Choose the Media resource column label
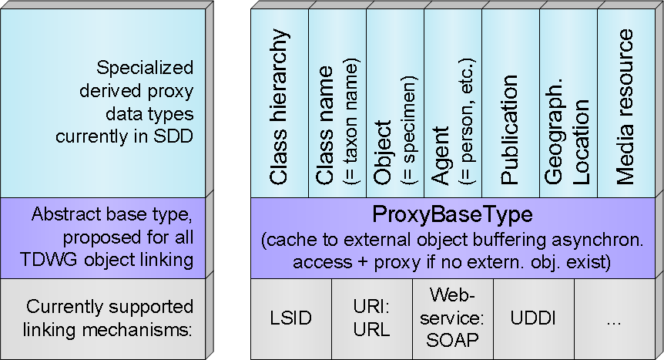(x=625, y=108)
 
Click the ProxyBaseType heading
(x=452, y=214)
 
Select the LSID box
(x=291, y=318)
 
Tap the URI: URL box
(x=371, y=318)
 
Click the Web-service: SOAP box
(x=453, y=317)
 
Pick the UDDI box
(x=533, y=318)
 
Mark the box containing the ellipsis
(x=613, y=318)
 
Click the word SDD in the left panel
(x=178, y=136)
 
